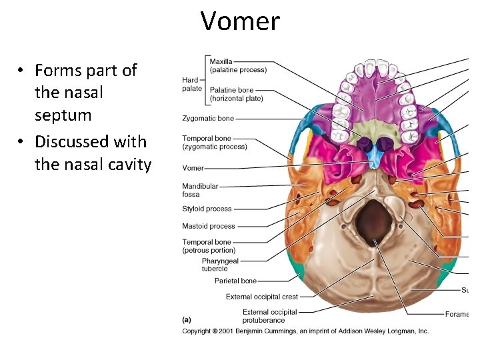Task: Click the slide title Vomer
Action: [x=240, y=21]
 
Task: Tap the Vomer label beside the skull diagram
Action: [x=193, y=168]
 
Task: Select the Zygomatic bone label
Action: [x=208, y=119]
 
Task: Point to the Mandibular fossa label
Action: [x=200, y=190]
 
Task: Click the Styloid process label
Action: [x=207, y=209]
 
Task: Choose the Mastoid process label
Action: [x=208, y=227]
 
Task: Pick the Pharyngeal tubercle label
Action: [x=220, y=265]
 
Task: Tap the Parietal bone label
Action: [x=235, y=281]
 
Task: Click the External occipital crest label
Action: [x=262, y=297]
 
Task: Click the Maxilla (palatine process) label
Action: [x=238, y=66]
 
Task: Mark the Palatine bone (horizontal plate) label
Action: [x=236, y=94]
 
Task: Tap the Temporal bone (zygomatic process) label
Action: [x=214, y=143]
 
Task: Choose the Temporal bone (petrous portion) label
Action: [x=209, y=246]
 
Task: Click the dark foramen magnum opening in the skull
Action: [x=373, y=219]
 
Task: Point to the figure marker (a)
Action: [x=187, y=319]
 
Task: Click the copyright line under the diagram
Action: [x=305, y=331]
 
